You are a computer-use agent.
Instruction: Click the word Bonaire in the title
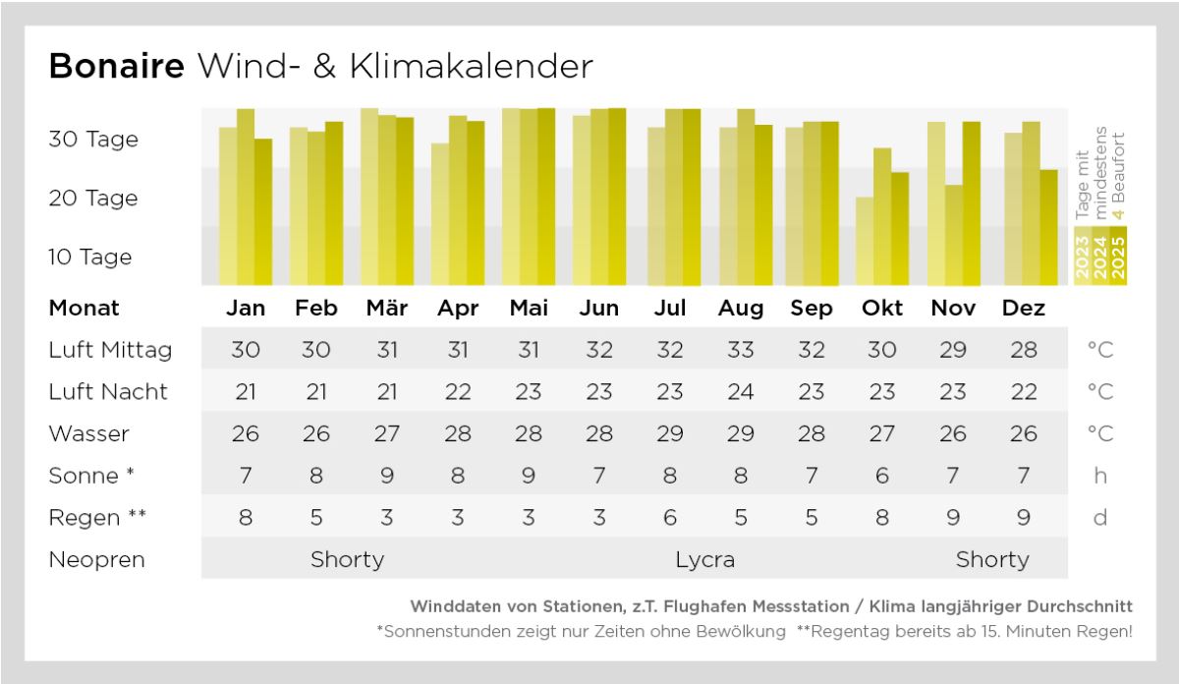[x=116, y=66]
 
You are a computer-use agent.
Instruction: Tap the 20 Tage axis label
[x=93, y=198]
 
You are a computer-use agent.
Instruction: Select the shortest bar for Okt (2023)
[x=865, y=241]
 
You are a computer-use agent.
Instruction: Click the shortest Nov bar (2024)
[x=953, y=235]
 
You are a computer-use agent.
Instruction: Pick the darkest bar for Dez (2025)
[x=1048, y=227]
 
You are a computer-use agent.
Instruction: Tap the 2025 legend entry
[x=1117, y=257]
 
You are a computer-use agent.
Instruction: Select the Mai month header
[x=529, y=308]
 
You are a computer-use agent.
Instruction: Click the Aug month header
[x=741, y=309]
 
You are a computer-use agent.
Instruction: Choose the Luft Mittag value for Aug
[x=741, y=349]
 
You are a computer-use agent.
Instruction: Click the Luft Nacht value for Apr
[x=458, y=391]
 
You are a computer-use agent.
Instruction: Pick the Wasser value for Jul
[x=670, y=433]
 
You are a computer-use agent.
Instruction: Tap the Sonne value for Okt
[x=882, y=476]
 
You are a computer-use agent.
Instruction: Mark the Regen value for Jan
[x=246, y=518]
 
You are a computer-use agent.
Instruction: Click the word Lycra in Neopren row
[x=705, y=560]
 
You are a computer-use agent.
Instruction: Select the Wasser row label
[x=89, y=433]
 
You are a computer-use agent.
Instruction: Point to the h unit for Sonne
[x=1099, y=476]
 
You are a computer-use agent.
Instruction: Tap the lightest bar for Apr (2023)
[x=440, y=214]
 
